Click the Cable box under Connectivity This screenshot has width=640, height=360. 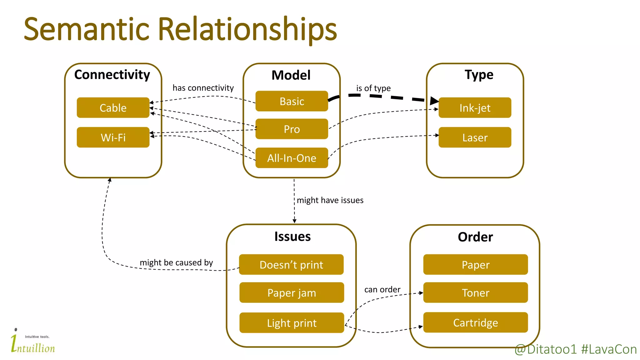pyautogui.click(x=113, y=108)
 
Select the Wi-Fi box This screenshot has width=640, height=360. pyautogui.click(x=113, y=137)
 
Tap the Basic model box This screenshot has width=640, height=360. pyautogui.click(x=292, y=101)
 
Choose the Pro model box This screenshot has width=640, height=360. pyautogui.click(x=292, y=129)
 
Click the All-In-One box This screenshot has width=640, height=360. pyautogui.click(x=292, y=158)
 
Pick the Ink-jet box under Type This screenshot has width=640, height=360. pyautogui.click(x=475, y=108)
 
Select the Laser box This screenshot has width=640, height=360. pyautogui.click(x=475, y=137)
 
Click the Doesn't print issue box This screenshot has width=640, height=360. pyautogui.click(x=291, y=265)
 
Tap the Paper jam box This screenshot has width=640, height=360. pyautogui.click(x=292, y=293)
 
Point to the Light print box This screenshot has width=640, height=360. pyautogui.click(x=292, y=323)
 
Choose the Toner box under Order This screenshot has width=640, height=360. pyautogui.click(x=475, y=293)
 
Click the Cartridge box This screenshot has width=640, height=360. pyautogui.click(x=475, y=322)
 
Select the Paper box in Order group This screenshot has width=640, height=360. pyautogui.click(x=475, y=265)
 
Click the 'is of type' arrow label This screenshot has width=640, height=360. pyautogui.click(x=373, y=88)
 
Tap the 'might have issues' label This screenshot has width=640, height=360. pyautogui.click(x=330, y=200)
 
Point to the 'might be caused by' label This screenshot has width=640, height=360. pyautogui.click(x=176, y=262)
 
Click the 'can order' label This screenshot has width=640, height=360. pyautogui.click(x=382, y=290)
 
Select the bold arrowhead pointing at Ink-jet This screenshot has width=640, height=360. pyautogui.click(x=434, y=101)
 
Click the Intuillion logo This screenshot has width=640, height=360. pyautogui.click(x=33, y=342)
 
